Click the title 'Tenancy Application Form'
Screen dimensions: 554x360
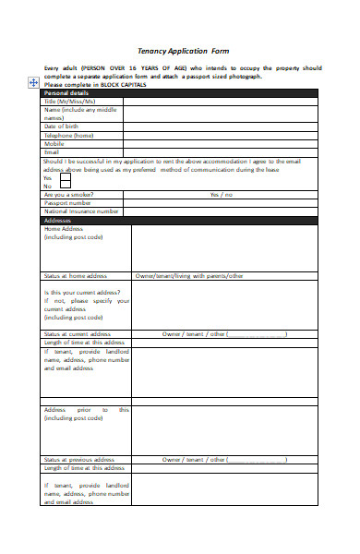point(183,52)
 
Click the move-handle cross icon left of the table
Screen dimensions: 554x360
point(33,83)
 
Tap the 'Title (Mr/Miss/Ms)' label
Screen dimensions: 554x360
point(70,101)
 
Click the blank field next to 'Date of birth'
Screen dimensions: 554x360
point(222,126)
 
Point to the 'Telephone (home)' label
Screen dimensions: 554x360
point(69,135)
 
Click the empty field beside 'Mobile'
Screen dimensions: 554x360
point(222,143)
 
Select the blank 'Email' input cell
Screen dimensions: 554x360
point(222,151)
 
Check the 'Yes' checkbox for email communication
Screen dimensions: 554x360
point(66,177)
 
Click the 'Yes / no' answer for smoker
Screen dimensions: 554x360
point(222,195)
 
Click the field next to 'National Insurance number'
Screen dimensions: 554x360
point(222,211)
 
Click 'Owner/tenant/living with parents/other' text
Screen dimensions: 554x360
point(189,275)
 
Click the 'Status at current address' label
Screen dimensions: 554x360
point(78,333)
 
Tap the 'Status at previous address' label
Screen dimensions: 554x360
point(78,459)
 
